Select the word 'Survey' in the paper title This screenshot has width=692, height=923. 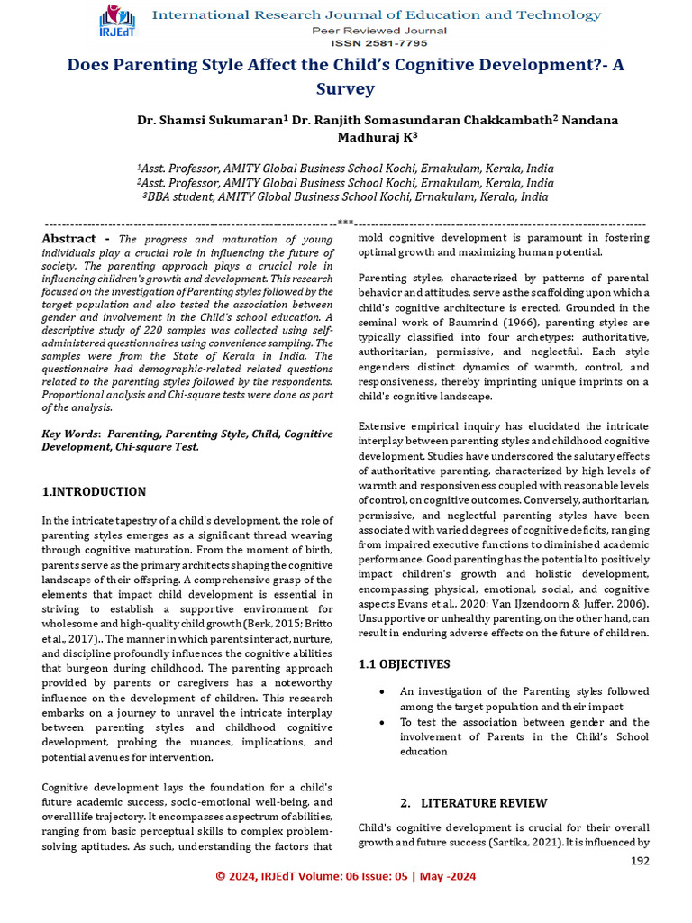tap(345, 88)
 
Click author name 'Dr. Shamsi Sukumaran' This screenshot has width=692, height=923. tap(207, 120)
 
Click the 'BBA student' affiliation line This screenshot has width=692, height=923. tap(345, 196)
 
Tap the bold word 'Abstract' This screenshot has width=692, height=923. tap(68, 239)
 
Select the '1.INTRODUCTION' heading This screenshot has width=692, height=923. tap(94, 491)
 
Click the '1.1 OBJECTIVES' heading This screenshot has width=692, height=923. tap(404, 664)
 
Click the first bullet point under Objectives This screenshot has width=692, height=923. tap(383, 691)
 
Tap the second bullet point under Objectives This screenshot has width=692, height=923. tap(383, 722)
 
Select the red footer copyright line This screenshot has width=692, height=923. tap(345, 876)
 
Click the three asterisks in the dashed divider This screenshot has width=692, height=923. tap(345, 221)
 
